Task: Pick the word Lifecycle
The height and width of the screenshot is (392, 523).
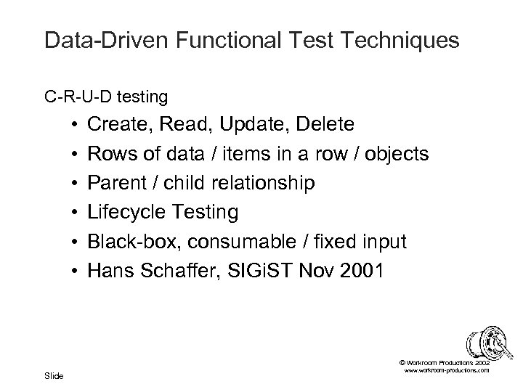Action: coord(124,213)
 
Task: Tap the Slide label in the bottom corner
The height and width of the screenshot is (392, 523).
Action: coord(54,375)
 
